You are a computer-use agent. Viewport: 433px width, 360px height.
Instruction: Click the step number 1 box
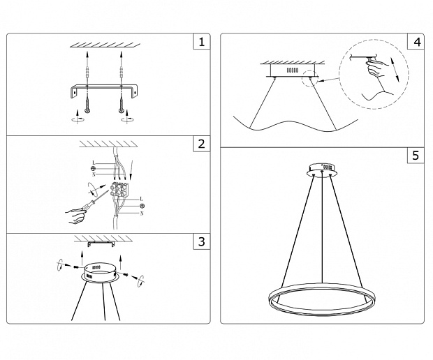(202, 42)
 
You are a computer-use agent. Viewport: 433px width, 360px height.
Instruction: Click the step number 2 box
(202, 144)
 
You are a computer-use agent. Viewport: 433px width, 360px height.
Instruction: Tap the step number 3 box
(202, 241)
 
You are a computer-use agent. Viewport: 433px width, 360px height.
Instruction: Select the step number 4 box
(416, 42)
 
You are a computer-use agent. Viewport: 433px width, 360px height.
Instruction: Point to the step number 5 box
(416, 156)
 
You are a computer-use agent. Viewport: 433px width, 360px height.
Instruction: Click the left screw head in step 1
(87, 111)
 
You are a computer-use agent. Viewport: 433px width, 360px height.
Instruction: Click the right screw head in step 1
(122, 111)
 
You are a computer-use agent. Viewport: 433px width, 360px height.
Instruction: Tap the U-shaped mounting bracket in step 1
(104, 91)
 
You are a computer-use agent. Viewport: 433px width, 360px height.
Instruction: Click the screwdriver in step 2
(94, 202)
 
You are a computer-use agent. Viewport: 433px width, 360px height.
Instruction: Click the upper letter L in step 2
(94, 163)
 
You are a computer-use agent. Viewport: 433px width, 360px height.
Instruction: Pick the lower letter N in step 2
(142, 213)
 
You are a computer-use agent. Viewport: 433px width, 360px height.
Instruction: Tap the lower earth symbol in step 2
(142, 206)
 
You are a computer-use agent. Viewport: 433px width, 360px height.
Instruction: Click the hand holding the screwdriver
(75, 216)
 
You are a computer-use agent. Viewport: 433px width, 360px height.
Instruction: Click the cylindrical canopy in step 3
(100, 273)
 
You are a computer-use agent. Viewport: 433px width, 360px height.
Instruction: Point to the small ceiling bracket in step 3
(101, 244)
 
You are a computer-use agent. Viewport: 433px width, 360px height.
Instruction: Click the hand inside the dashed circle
(376, 69)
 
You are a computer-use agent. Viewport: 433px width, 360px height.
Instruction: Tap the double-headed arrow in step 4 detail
(395, 70)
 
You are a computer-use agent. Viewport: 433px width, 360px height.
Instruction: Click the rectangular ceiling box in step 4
(292, 70)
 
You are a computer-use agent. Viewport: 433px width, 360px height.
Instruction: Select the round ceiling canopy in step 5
(322, 170)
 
